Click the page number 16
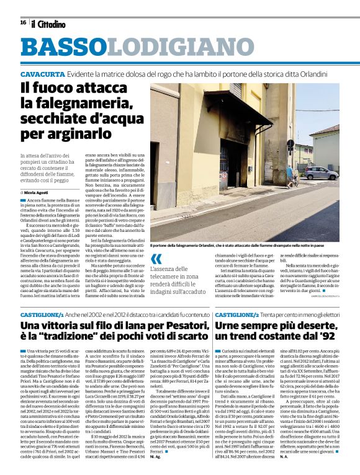23,22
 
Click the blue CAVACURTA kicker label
42,73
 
